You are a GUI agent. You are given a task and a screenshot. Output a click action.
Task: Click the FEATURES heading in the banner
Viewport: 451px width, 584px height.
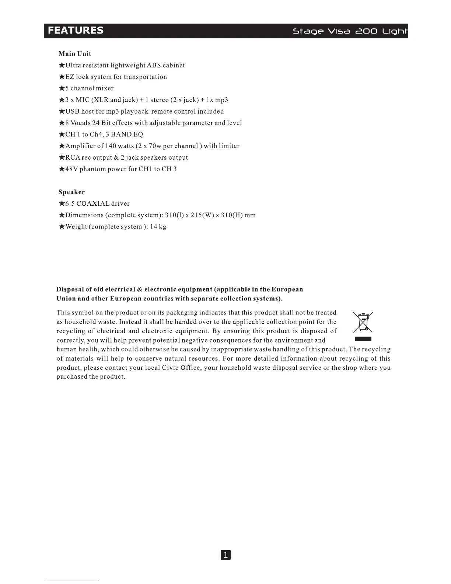[x=76, y=30]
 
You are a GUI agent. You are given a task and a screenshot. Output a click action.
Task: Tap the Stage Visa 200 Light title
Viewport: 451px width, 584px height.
[x=350, y=31]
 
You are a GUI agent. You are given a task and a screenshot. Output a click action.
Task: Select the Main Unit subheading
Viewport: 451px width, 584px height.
[x=75, y=54]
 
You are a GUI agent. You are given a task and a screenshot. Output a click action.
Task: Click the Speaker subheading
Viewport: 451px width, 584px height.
[x=71, y=192]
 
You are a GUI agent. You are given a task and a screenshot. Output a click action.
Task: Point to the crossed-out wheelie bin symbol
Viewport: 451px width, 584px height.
[x=363, y=322]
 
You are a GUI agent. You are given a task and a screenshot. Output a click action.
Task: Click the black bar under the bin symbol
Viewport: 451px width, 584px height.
[x=363, y=339]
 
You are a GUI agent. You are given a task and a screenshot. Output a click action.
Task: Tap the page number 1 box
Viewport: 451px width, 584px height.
[x=225, y=555]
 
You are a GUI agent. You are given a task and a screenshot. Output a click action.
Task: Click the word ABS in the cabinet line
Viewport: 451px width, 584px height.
[x=154, y=65]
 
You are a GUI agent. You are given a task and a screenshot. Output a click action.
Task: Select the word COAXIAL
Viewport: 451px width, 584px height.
[x=93, y=204]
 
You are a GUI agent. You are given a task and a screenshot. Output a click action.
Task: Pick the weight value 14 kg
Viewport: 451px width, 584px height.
[x=158, y=227]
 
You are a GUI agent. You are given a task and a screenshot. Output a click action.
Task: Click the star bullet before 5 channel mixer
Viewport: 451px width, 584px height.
[x=62, y=88]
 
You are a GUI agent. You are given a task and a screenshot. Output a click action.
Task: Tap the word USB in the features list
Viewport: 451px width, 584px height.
[x=72, y=111]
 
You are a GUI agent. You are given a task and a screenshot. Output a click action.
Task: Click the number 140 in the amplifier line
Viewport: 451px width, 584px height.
[x=111, y=146]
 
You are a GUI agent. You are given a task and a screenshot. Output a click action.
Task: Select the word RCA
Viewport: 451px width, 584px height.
[x=73, y=157]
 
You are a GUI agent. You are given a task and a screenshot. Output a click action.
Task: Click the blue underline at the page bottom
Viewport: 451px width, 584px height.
[x=73, y=581]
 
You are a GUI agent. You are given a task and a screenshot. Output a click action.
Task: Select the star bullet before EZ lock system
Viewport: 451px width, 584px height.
[x=62, y=77]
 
